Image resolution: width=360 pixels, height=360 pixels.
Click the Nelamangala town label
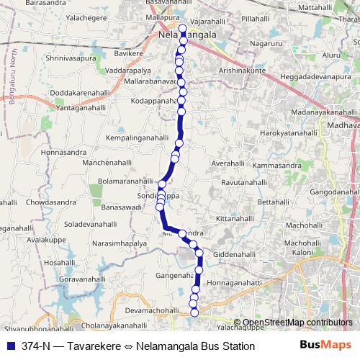[x=187, y=33]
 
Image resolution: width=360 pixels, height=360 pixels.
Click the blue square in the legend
[x=12, y=346]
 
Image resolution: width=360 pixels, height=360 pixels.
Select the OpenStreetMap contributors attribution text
[x=294, y=323]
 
